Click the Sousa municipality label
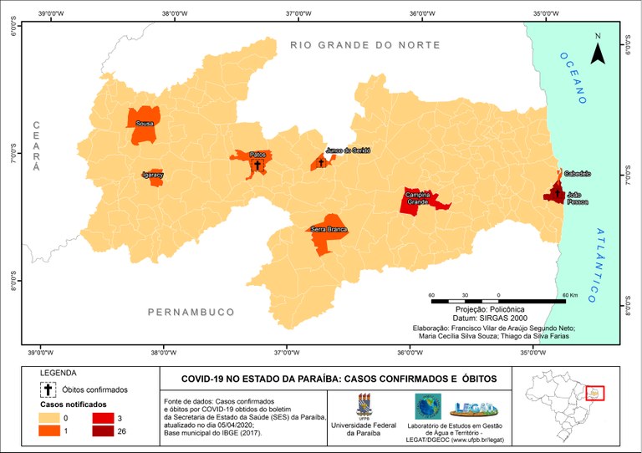144,124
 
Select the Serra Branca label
329,229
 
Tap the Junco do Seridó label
348,150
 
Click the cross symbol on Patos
257,164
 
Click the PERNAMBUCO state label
191,312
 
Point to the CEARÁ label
36,146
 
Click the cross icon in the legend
48,389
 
